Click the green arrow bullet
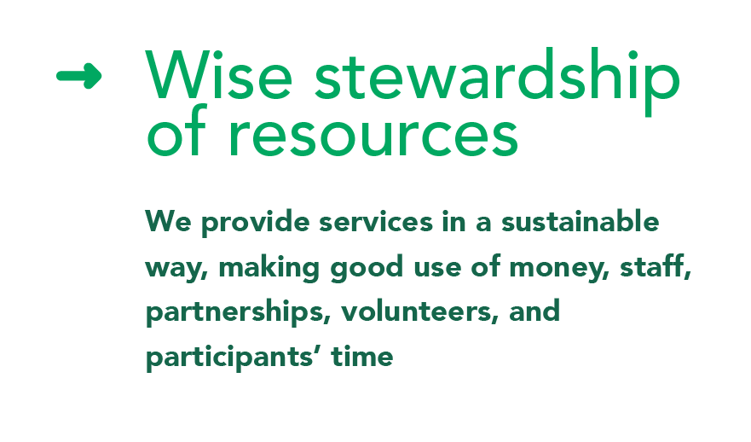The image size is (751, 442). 79,76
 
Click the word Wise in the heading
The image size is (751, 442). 219,75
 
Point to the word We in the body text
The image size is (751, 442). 168,222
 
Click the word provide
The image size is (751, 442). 255,223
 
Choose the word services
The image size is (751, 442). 376,222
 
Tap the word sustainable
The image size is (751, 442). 580,221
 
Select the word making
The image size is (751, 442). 269,268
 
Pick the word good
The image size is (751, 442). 367,268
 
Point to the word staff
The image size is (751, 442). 656,266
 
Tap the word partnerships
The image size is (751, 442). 238,312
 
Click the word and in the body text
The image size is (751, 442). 534,311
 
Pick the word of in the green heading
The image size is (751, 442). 176,131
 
